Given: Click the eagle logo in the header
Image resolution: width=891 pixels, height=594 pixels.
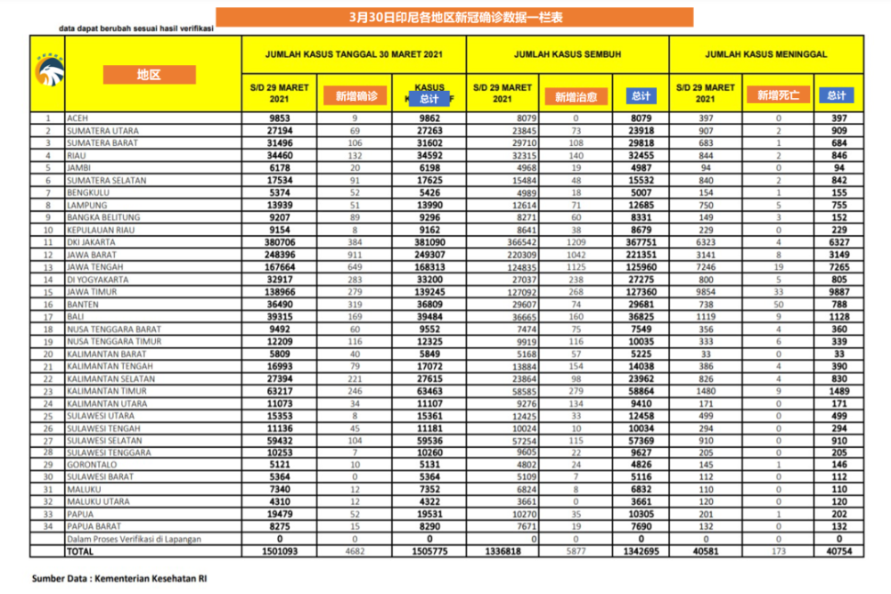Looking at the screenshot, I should coord(46,73).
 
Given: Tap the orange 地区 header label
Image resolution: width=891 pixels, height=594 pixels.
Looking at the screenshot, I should coord(149,75).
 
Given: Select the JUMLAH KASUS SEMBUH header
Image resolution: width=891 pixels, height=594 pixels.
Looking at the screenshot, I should coord(567,54).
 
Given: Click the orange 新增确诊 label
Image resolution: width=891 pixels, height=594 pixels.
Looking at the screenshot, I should coord(356,95).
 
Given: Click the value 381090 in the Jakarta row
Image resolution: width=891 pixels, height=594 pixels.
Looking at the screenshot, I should coord(429,242).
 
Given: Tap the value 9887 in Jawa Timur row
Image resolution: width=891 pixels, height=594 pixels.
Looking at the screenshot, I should coord(837,292).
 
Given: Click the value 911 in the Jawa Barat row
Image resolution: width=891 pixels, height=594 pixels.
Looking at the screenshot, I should coord(354,255).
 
